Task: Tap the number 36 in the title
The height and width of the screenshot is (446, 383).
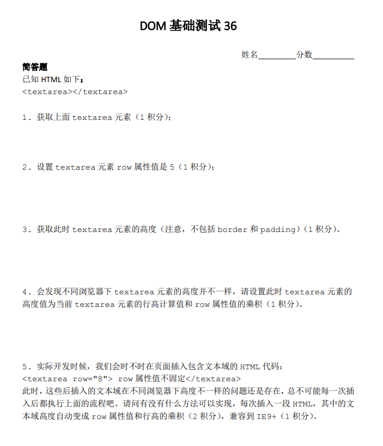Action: [231, 26]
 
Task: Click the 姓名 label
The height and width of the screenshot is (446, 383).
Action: [250, 55]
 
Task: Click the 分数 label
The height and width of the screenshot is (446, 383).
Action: [304, 55]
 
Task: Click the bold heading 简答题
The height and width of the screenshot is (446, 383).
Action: [35, 67]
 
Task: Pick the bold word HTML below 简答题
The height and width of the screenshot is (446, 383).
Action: [52, 80]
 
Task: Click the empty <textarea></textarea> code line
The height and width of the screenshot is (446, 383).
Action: [74, 92]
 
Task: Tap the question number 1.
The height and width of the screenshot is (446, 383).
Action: [25, 117]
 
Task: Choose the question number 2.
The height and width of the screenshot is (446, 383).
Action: [25, 167]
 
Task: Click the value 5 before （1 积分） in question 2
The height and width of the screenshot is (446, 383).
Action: [172, 167]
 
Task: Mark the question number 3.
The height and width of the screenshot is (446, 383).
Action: [25, 229]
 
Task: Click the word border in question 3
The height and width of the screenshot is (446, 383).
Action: [232, 229]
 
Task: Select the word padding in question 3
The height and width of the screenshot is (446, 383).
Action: [277, 229]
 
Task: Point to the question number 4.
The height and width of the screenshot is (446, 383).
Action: [25, 292]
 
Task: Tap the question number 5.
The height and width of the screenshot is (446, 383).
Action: [25, 366]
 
